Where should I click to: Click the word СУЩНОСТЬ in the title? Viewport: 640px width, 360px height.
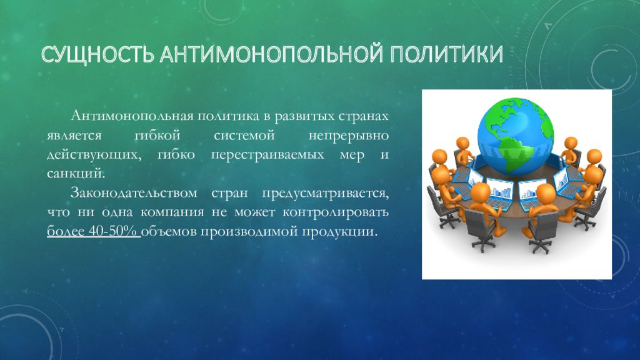97,55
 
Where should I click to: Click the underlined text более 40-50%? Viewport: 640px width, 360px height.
94,231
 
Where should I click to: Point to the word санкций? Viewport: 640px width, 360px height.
76,174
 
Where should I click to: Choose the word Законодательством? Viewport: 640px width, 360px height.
134,193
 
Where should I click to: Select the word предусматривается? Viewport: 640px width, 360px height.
325,194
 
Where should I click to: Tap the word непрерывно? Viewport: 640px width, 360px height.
349,136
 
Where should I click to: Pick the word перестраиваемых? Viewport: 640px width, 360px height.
267,155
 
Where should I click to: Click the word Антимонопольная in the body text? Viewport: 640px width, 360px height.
131,116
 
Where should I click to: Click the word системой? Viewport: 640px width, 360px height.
244,136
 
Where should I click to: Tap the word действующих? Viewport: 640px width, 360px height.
94,155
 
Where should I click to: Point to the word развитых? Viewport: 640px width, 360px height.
304,116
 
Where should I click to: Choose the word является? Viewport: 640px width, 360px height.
74,136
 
